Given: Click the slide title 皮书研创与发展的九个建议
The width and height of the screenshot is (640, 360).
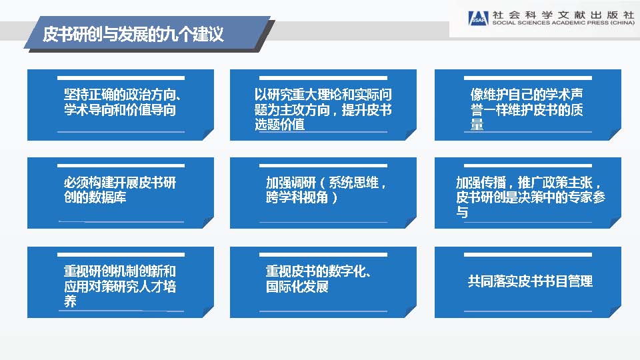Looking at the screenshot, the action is pyautogui.click(x=133, y=34).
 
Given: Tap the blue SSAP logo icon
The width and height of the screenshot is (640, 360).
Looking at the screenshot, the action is pyautogui.click(x=478, y=19).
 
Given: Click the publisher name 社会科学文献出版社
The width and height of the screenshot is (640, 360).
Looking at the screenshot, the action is pyautogui.click(x=563, y=15).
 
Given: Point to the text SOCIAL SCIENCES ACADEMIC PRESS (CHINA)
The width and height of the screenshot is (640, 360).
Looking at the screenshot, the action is pyautogui.click(x=563, y=23).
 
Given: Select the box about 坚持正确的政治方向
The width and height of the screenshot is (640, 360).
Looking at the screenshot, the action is pyautogui.click(x=121, y=105).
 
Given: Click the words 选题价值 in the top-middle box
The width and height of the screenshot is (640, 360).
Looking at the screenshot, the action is pyautogui.click(x=279, y=125).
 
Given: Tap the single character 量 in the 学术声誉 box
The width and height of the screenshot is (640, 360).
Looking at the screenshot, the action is pyautogui.click(x=477, y=125).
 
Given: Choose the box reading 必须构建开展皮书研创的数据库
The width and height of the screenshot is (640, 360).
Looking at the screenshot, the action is pyautogui.click(x=121, y=193).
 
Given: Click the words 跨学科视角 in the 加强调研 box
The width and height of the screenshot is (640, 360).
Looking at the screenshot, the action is pyautogui.click(x=297, y=197).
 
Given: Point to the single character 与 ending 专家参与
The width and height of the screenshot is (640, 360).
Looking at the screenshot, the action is pyautogui.click(x=462, y=212).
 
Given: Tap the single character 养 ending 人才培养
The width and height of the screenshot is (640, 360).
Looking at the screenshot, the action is pyautogui.click(x=70, y=301).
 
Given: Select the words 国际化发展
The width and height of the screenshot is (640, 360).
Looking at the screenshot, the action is pyautogui.click(x=297, y=287).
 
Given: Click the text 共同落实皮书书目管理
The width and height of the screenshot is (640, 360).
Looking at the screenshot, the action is pyautogui.click(x=530, y=281).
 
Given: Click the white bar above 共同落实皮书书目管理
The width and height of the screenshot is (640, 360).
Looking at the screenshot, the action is pyautogui.click(x=528, y=255).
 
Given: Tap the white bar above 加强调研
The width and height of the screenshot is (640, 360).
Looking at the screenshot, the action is pyautogui.click(x=323, y=166).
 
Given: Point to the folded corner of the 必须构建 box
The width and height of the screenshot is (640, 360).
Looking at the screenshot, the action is pyautogui.click(x=208, y=223).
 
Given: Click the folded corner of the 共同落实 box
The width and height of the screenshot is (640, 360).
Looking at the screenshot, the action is pyautogui.click(x=615, y=312).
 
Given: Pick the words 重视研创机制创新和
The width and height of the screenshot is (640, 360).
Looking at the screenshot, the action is pyautogui.click(x=119, y=271).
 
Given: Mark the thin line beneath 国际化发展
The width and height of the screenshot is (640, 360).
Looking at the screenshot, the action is pyautogui.click(x=323, y=311).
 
